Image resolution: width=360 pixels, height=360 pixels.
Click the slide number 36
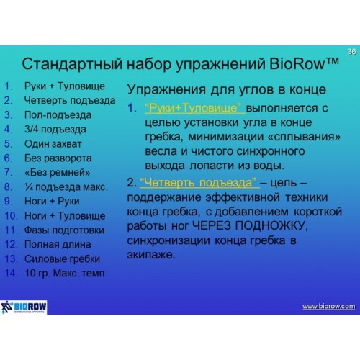352,51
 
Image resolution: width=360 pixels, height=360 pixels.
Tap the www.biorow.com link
329,306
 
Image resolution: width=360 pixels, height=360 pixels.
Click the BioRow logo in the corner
24,307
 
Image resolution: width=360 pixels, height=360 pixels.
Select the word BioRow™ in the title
304,64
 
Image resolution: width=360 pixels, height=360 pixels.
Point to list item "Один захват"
53,144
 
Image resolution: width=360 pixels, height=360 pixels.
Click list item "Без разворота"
58,158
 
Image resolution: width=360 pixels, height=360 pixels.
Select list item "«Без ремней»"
58,172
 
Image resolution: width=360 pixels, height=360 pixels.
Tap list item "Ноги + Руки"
52,201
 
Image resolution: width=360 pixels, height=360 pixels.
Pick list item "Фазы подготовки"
64,230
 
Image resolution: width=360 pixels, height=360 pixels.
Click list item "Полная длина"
58,244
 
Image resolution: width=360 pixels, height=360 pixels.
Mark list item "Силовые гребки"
62,259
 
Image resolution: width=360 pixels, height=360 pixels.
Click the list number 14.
11,273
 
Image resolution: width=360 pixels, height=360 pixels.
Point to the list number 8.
8,187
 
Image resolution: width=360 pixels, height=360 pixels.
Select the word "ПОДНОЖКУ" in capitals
270,225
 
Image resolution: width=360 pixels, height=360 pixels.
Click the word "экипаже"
150,255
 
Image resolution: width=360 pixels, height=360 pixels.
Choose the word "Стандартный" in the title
72,64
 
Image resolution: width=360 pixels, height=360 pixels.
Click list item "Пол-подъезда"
58,115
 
